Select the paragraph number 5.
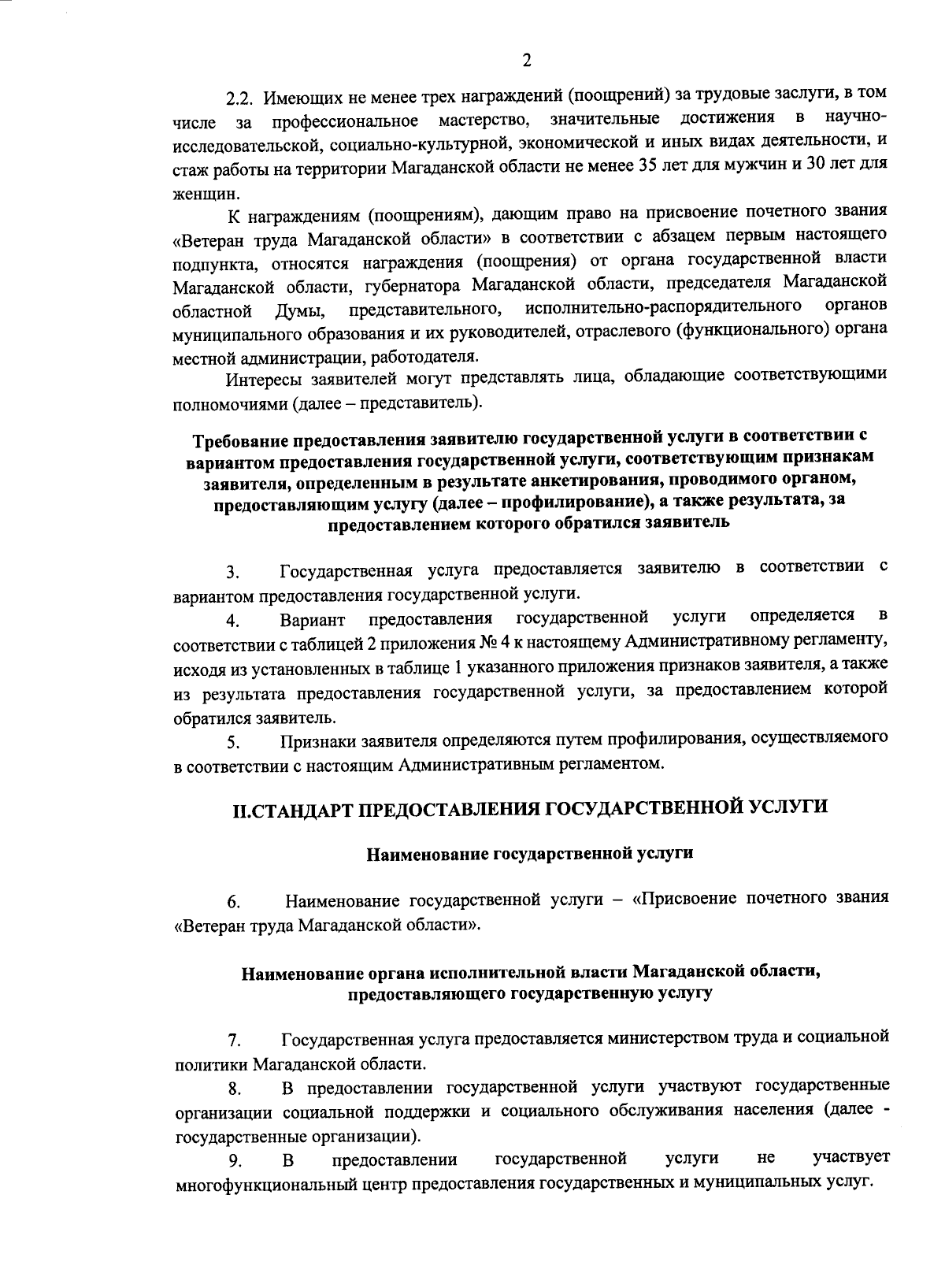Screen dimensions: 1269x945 click(x=232, y=742)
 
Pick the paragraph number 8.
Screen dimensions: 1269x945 click(x=234, y=1090)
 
